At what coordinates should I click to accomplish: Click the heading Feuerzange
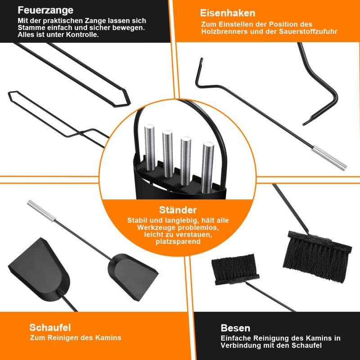(45, 10)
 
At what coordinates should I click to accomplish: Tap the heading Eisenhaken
(228, 13)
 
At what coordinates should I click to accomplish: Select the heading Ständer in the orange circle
(178, 210)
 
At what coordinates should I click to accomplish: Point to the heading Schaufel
(50, 328)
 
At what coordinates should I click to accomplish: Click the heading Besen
(235, 328)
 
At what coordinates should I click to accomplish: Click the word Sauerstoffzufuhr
(308, 31)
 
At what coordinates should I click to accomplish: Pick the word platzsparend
(178, 242)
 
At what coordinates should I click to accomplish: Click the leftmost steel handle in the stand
(150, 148)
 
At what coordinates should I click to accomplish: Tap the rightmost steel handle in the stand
(208, 167)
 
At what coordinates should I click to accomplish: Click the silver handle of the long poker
(329, 158)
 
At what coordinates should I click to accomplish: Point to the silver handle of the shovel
(41, 211)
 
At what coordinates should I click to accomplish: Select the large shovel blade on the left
(39, 270)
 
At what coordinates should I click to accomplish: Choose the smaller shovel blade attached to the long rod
(132, 277)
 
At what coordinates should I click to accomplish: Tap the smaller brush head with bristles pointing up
(235, 269)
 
